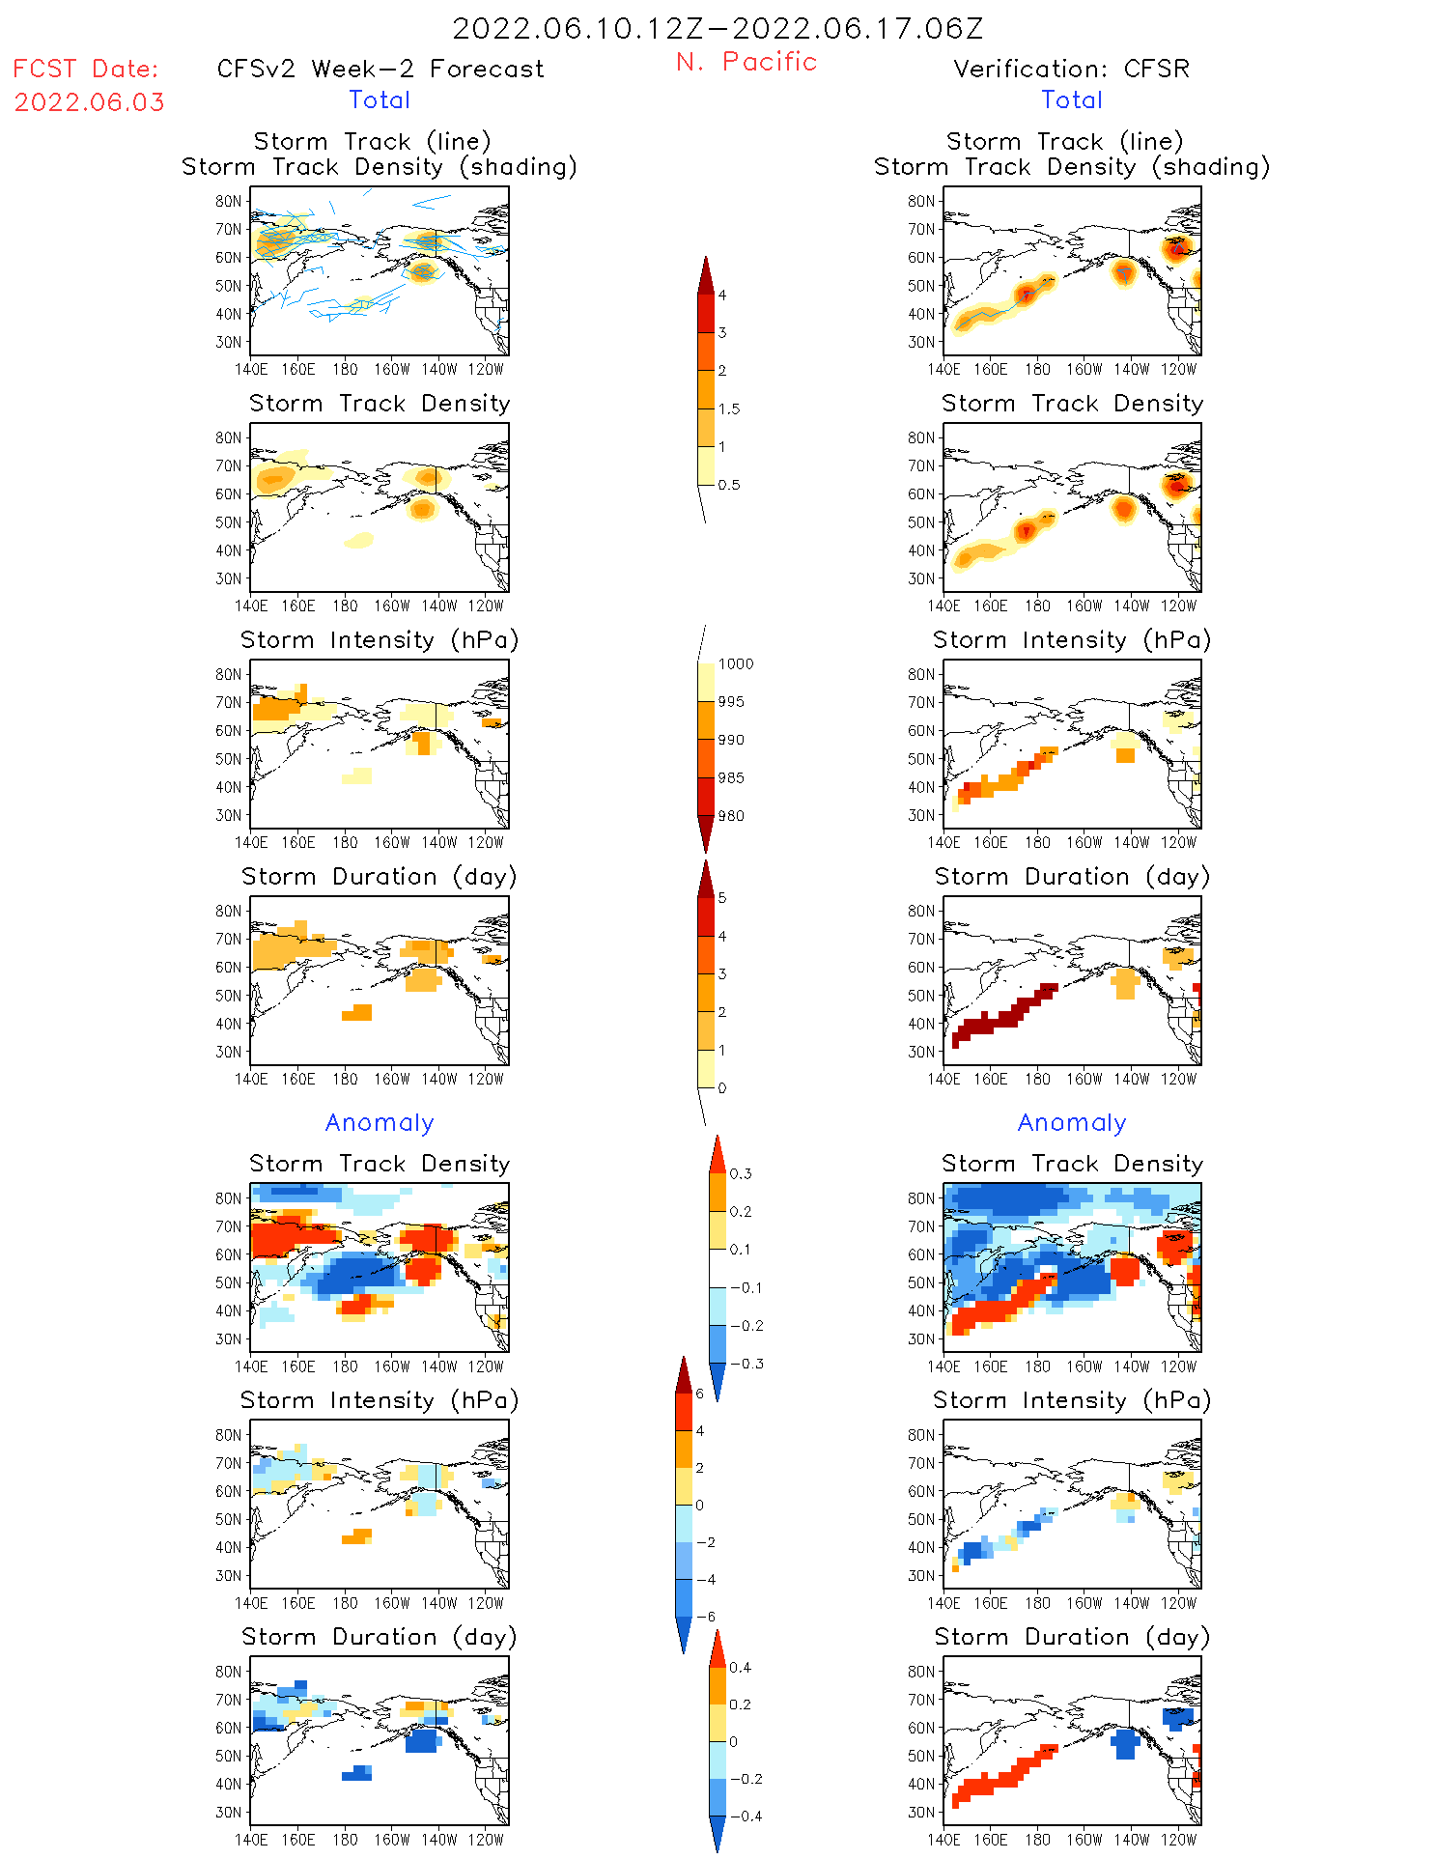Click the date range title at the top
point(718,29)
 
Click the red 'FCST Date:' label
point(86,70)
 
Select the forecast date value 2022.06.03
point(89,102)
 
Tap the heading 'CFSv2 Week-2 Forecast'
point(380,70)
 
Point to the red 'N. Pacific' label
point(746,62)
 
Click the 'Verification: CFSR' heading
point(1071,70)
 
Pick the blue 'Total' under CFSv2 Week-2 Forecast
point(380,100)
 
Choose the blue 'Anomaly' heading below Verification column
point(1072,1123)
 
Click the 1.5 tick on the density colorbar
point(729,409)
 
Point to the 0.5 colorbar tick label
point(729,486)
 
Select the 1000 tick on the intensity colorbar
point(735,664)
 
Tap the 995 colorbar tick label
point(731,702)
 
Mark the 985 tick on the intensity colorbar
point(731,778)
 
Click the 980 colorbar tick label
point(731,816)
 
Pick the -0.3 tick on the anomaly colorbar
point(746,1365)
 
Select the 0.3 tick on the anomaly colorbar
point(741,1174)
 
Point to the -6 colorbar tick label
point(706,1617)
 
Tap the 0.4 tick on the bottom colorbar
point(741,1668)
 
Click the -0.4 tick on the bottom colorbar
point(746,1817)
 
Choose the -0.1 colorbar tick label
point(746,1288)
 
